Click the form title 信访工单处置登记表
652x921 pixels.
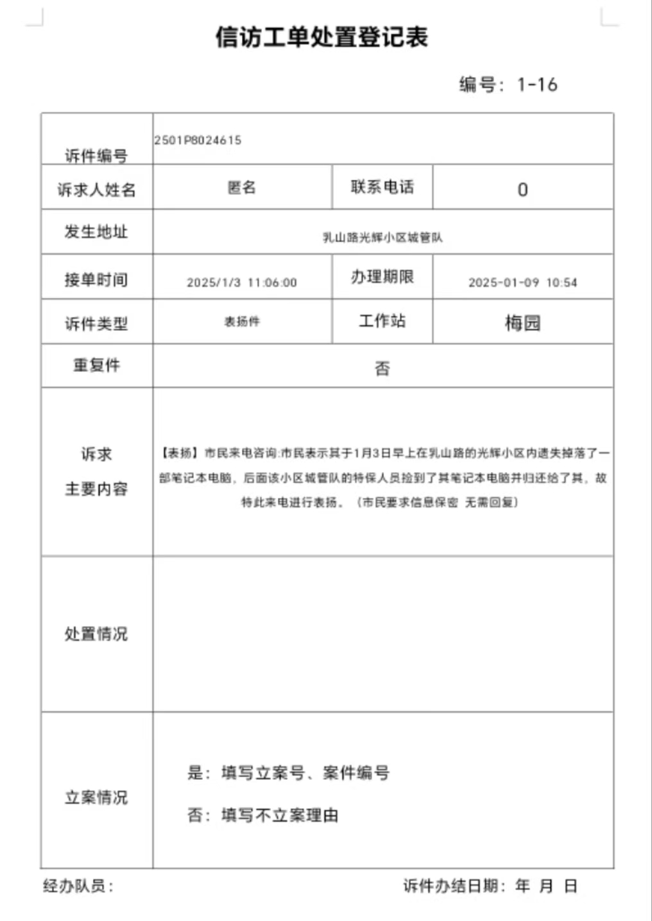322,37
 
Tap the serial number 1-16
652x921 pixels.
537,85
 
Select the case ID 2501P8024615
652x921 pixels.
198,140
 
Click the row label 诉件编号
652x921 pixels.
96,155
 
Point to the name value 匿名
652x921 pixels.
242,187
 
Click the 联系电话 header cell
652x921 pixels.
382,187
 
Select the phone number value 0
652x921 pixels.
522,190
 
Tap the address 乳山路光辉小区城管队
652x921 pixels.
382,237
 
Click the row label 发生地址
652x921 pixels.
96,232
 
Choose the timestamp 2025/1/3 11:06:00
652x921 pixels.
242,282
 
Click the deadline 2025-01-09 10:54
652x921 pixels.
522,282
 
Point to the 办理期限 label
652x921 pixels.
382,277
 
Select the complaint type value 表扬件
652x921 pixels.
242,321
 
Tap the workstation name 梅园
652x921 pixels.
522,323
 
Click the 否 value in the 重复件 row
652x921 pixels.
382,368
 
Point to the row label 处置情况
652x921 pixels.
96,634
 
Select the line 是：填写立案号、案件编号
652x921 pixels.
289,772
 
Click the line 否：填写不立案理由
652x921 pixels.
263,815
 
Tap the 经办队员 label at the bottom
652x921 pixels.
78,886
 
